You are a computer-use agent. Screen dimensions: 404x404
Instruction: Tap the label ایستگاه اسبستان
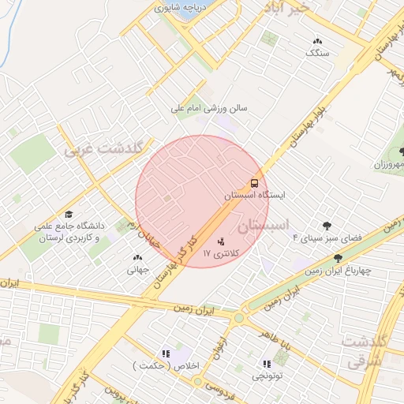click(x=253, y=193)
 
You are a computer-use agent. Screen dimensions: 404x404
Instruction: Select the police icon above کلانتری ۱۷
click(x=219, y=241)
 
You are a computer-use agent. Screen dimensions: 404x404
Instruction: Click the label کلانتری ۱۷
click(x=219, y=253)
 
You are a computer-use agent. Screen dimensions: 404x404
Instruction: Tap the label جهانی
click(x=137, y=269)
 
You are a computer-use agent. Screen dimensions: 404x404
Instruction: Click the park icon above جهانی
click(x=137, y=257)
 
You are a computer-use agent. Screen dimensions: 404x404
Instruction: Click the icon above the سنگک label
click(x=317, y=40)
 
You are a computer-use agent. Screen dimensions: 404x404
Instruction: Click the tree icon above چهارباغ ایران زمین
click(x=338, y=258)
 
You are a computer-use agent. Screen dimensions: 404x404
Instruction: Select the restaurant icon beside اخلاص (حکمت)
click(x=165, y=354)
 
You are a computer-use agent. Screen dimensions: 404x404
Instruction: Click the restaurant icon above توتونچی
click(x=266, y=364)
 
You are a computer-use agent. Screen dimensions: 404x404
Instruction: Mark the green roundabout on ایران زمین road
click(x=239, y=318)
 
